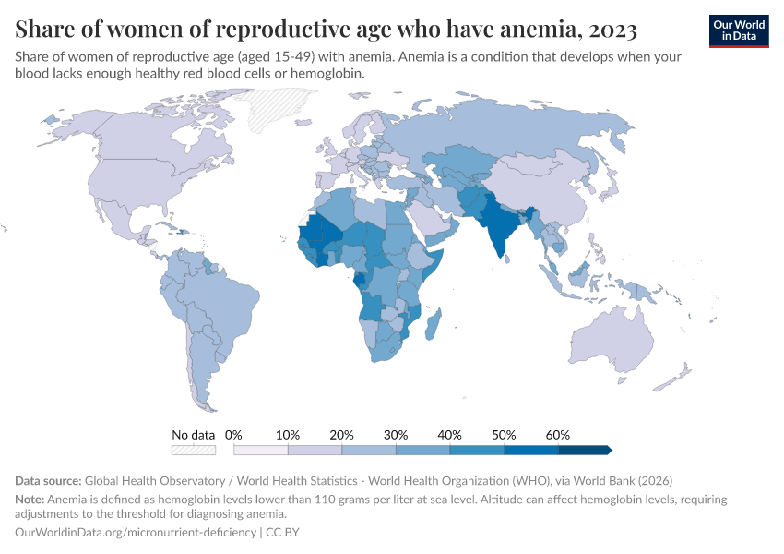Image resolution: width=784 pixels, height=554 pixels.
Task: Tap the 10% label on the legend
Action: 288,435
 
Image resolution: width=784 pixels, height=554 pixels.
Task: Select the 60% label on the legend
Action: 558,435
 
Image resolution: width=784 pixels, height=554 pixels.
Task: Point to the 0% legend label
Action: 233,435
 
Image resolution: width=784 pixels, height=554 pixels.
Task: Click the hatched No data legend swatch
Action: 194,450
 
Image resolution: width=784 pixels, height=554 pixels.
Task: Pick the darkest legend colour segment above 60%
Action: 583,450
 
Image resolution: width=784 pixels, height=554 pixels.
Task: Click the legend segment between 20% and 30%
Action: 369,450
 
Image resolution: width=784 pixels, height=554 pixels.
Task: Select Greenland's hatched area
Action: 277,102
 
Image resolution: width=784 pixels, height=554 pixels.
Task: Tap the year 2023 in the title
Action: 611,30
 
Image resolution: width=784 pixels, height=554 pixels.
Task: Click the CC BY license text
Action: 283,533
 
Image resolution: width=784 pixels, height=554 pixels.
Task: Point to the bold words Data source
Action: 48,481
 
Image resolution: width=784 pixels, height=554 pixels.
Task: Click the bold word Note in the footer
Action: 30,499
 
